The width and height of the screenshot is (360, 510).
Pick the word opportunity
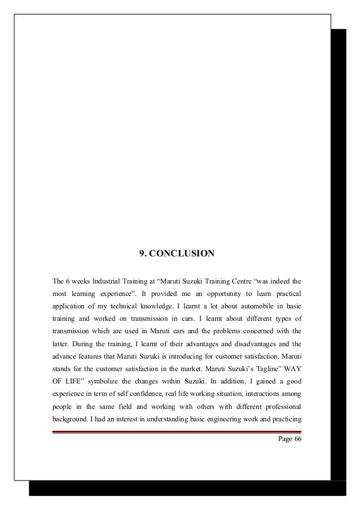coord(198,295)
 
